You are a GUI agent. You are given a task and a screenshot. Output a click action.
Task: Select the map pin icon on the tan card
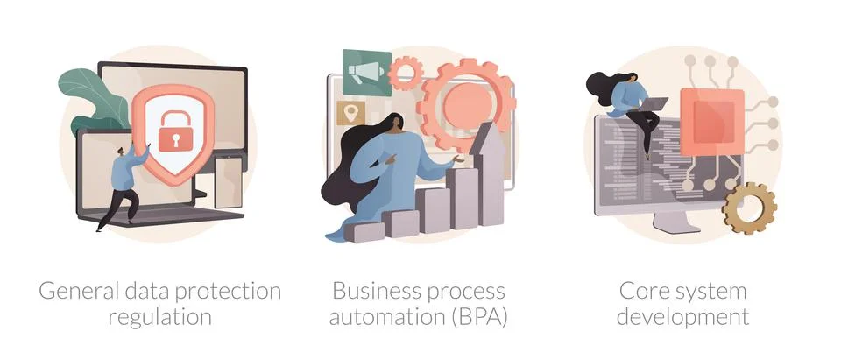tap(354, 113)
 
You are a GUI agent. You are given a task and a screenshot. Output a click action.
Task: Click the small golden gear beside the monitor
tap(749, 208)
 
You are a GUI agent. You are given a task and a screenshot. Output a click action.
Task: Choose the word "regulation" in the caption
tap(159, 316)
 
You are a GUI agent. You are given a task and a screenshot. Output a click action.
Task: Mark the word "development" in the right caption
tap(682, 316)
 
